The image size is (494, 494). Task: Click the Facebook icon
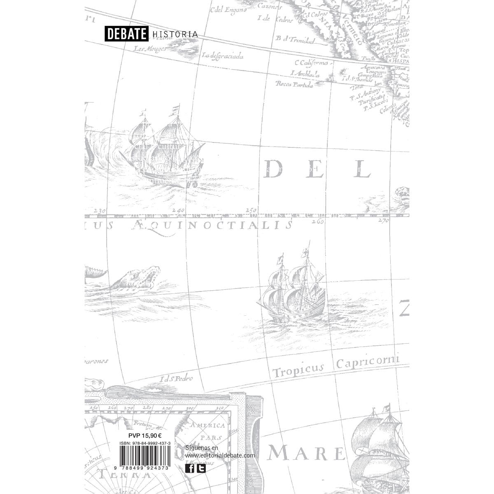point(190,468)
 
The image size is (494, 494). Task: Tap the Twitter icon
point(201,468)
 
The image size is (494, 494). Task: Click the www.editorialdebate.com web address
point(220,456)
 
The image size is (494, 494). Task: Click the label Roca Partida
point(295,85)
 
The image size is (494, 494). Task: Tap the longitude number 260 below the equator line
point(318,221)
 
